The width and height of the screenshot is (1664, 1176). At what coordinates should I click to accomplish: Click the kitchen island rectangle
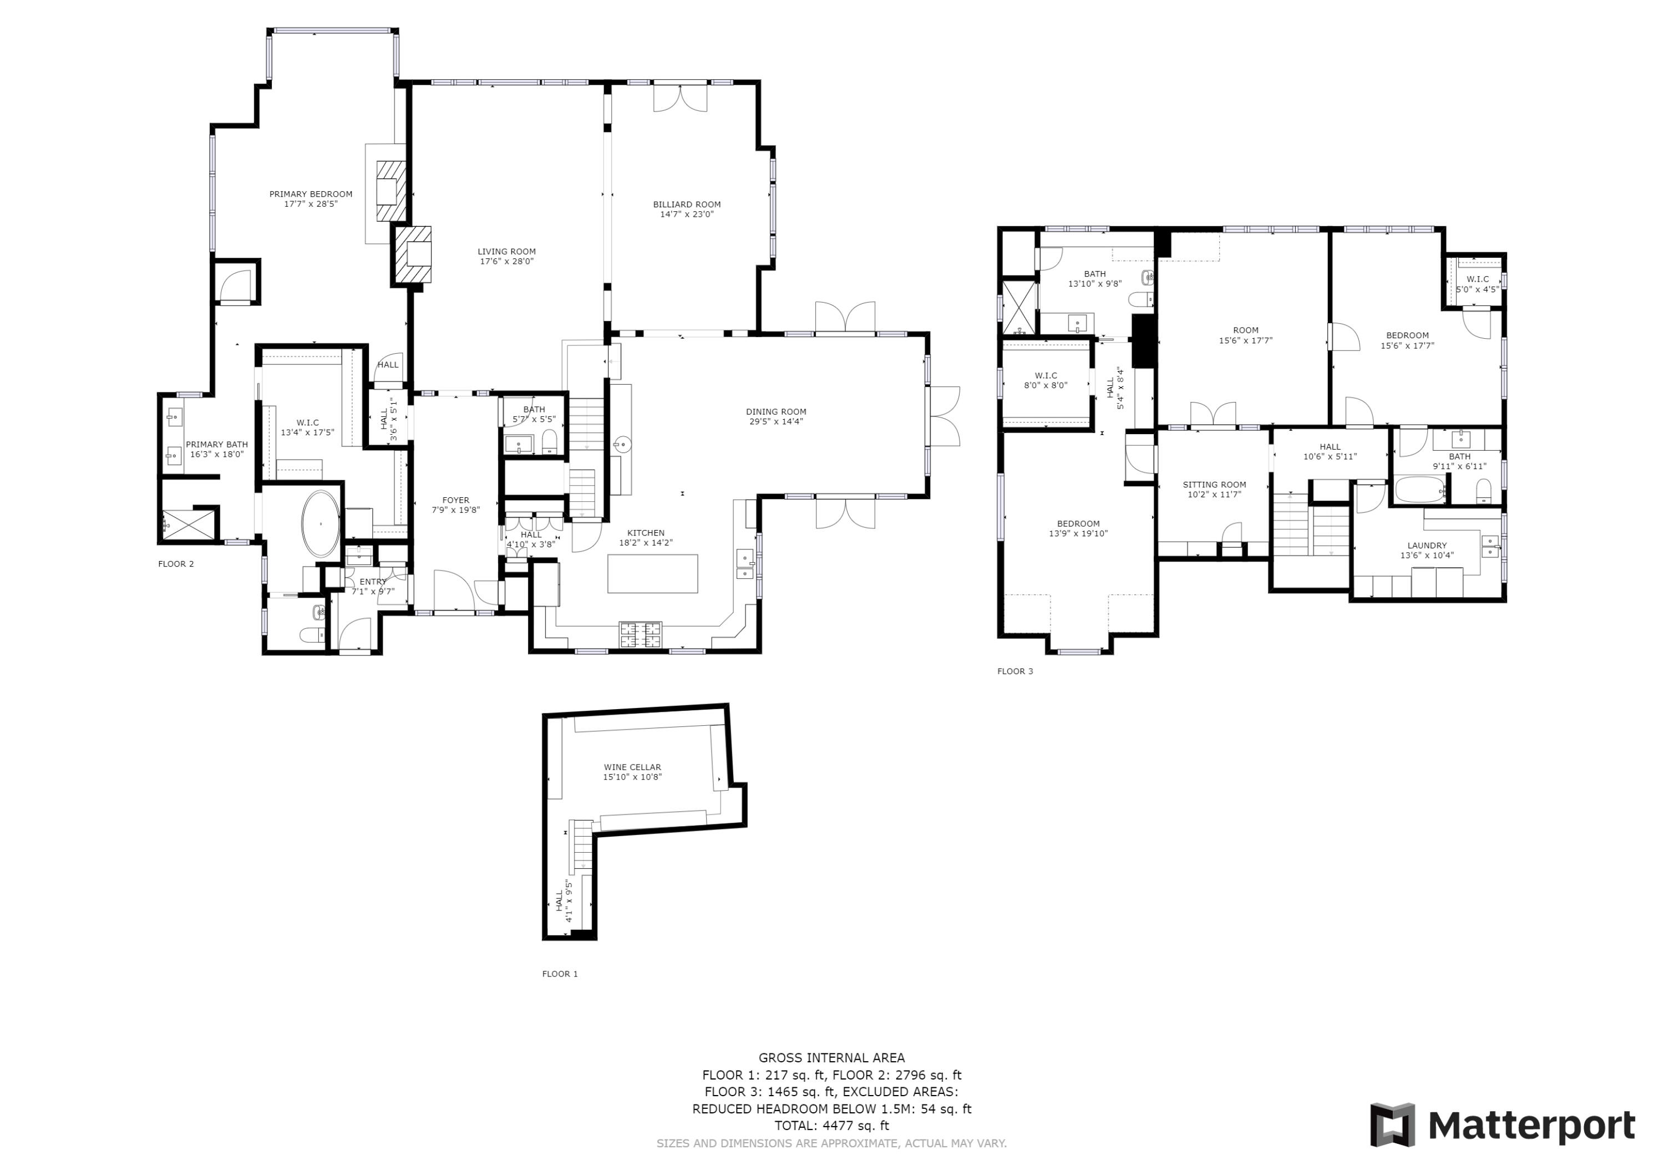coord(652,573)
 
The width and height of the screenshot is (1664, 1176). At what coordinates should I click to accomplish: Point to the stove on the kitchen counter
coord(640,635)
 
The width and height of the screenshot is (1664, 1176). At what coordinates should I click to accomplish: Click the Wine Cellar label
coord(632,767)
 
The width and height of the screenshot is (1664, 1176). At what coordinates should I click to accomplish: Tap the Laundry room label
coord(1426,546)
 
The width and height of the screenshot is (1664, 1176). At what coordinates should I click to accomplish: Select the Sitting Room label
coord(1214,485)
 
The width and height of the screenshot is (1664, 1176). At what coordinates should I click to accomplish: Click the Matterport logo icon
coord(1392,1126)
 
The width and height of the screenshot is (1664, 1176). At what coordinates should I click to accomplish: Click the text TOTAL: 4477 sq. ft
coord(831,1126)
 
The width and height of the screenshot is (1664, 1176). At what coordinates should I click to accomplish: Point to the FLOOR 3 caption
coord(1014,671)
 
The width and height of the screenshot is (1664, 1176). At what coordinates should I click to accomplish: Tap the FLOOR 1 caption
coord(560,974)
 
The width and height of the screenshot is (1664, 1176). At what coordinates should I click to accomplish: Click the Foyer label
coord(455,500)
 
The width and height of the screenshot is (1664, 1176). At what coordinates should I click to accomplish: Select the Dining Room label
coord(775,411)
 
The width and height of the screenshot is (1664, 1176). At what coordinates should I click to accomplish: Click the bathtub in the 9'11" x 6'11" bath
coord(1419,489)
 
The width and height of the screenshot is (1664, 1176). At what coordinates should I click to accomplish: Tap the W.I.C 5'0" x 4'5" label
coord(1477,279)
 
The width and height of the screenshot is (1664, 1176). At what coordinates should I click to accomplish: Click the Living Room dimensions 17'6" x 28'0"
coord(506,262)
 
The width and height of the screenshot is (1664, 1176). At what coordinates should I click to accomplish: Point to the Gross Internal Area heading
coord(831,1058)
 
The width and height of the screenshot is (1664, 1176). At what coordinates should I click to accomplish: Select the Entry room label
coord(373,582)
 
